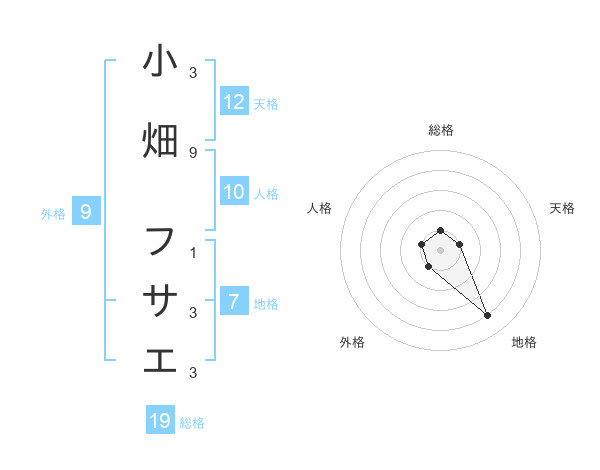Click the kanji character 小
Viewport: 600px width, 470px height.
tap(160, 61)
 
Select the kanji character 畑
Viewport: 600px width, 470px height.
tap(160, 141)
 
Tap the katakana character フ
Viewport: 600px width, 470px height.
tap(160, 241)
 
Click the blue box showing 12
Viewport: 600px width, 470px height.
tap(234, 102)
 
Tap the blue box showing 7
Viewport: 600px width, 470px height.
tap(234, 302)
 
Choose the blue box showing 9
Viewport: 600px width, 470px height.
tap(86, 212)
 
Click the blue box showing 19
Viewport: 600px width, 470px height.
tap(160, 421)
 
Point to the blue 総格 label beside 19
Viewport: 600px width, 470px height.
tap(192, 423)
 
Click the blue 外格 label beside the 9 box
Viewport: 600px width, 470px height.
tap(53, 213)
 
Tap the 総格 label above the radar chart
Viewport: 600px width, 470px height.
tap(440, 130)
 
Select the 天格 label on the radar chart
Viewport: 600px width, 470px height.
tap(562, 208)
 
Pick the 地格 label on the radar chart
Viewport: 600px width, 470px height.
tap(524, 342)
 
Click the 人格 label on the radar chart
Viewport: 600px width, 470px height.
tap(319, 208)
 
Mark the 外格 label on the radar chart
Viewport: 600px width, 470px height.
tap(352, 342)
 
